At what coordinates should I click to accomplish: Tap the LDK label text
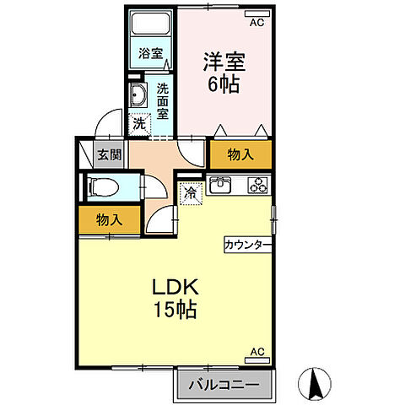pyautogui.click(x=175, y=286)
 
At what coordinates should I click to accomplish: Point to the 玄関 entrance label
pyautogui.click(x=108, y=154)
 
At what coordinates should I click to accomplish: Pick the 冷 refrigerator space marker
pyautogui.click(x=191, y=193)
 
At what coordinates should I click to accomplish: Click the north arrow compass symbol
pyautogui.click(x=317, y=385)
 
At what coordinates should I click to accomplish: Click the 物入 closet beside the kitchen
pyautogui.click(x=240, y=154)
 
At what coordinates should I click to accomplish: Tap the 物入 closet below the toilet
pyautogui.click(x=109, y=219)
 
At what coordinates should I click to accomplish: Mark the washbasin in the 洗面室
pyautogui.click(x=138, y=93)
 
